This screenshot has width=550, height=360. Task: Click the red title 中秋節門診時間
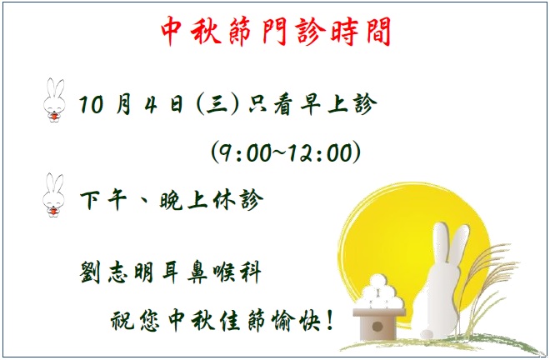tap(276, 31)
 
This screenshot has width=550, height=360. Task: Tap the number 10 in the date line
tap(91, 104)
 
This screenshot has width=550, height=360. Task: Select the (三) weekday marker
tap(217, 104)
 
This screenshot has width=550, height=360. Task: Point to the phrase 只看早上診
tap(312, 104)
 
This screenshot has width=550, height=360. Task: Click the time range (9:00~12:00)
tap(286, 152)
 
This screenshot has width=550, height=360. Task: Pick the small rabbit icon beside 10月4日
tap(54, 100)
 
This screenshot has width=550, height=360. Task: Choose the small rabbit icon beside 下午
tap(53, 195)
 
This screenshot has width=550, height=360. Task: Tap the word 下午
tap(103, 200)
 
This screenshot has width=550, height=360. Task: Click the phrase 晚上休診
tap(211, 200)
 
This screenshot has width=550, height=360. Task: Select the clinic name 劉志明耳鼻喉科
tap(171, 272)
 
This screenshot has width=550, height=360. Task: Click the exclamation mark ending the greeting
tap(329, 320)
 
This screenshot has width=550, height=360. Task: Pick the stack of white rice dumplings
tap(379, 292)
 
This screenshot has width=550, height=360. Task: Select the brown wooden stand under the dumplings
tap(378, 324)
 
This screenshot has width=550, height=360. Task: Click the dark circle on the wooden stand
tap(377, 327)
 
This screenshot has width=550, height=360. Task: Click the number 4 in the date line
tap(151, 104)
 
